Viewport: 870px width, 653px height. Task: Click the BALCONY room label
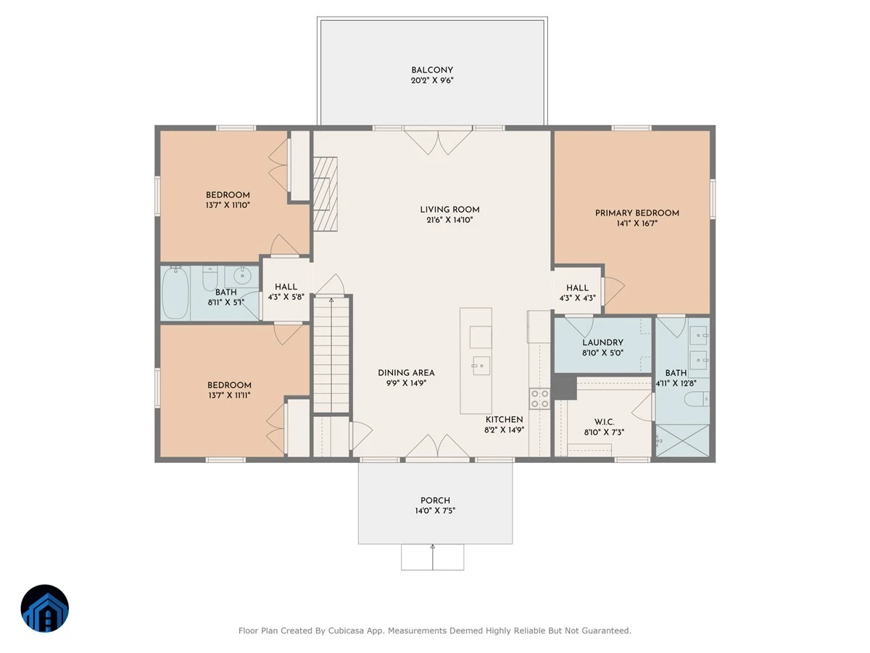(432, 70)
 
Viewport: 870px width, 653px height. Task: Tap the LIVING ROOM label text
(449, 210)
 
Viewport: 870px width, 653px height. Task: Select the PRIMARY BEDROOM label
(637, 213)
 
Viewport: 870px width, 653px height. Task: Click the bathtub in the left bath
(175, 292)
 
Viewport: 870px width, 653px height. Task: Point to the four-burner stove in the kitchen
(540, 398)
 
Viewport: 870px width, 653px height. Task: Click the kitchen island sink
(481, 366)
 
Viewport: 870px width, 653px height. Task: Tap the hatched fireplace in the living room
(325, 194)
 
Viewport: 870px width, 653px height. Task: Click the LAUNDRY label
(602, 342)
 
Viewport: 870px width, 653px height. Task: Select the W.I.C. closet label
(604, 422)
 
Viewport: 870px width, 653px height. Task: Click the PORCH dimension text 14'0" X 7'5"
(435, 511)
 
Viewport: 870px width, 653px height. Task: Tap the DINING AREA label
(406, 373)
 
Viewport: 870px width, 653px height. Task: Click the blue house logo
(45, 608)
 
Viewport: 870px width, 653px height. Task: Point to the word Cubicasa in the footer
(346, 631)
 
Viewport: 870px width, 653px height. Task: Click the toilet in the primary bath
(697, 399)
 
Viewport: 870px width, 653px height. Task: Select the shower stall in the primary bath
(682, 440)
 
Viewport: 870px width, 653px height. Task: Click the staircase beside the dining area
(331, 356)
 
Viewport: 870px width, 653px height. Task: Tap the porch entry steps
(432, 557)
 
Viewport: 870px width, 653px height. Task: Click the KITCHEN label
(504, 419)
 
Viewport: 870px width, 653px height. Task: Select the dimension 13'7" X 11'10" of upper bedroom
(228, 205)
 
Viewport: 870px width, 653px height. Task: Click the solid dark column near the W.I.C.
(565, 387)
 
